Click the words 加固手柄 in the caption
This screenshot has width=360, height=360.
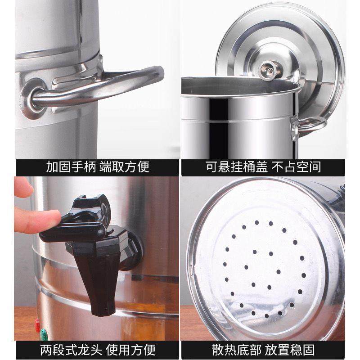coord(68,167)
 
